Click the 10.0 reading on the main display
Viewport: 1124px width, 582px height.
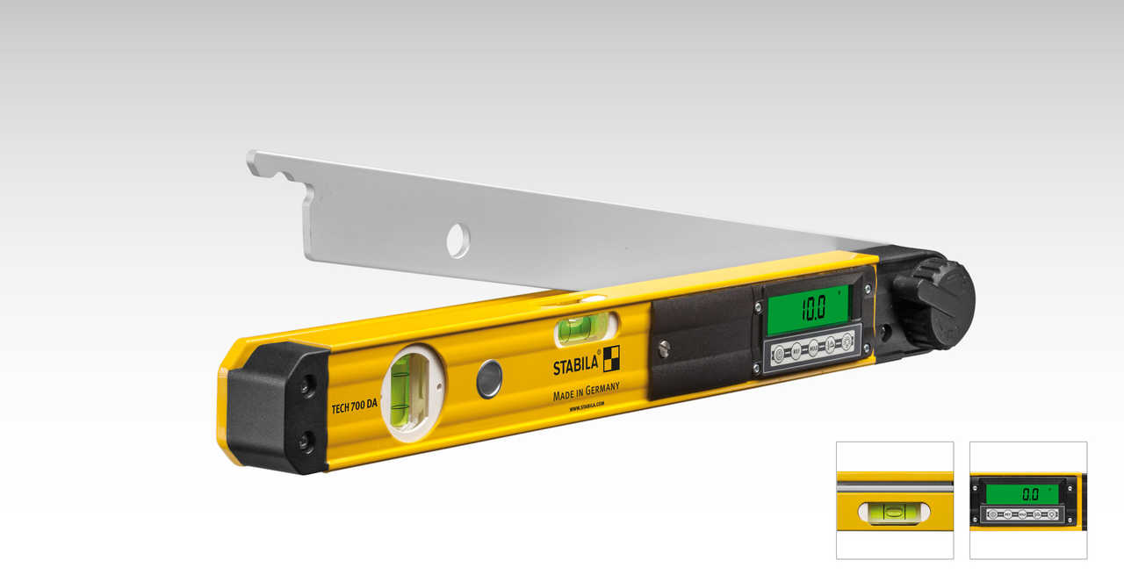point(810,308)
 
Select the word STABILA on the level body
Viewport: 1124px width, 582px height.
point(575,365)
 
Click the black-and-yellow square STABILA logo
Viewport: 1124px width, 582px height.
point(611,358)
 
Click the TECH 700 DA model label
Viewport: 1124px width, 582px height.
point(355,405)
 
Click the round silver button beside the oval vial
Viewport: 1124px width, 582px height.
point(489,378)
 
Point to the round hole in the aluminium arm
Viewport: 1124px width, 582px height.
point(458,240)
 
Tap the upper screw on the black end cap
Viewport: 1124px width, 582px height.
point(306,384)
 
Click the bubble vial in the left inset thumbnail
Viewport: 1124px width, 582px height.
point(894,513)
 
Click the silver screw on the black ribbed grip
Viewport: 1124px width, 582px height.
point(665,348)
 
